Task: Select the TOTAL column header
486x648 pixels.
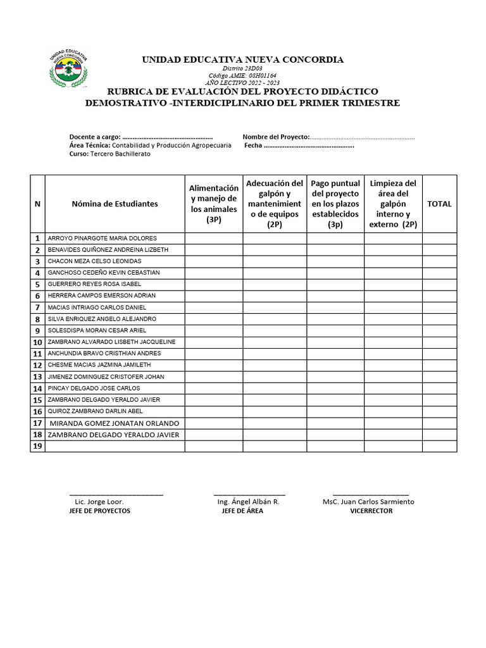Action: pos(439,204)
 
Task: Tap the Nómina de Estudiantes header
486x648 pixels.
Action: pos(115,204)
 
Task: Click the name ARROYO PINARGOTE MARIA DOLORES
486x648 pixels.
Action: pos(102,239)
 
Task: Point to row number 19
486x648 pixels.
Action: pos(37,447)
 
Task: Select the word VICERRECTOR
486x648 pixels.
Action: pos(371,511)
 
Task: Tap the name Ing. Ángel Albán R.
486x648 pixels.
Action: pos(248,502)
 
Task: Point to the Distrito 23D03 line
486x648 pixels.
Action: pos(243,68)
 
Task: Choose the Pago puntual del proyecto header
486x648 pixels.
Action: pos(335,204)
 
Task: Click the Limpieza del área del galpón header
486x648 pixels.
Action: pos(393,204)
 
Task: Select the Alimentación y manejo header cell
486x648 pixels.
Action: pos(214,204)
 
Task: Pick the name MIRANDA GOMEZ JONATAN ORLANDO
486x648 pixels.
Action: pos(114,423)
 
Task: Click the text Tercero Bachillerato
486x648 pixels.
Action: pos(120,154)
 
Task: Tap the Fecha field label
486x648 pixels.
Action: pos(253,146)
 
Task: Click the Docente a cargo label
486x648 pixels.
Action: pos(94,137)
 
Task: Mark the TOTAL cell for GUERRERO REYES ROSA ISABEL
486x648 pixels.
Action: pos(439,284)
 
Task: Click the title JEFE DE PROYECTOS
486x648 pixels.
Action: pos(99,511)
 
